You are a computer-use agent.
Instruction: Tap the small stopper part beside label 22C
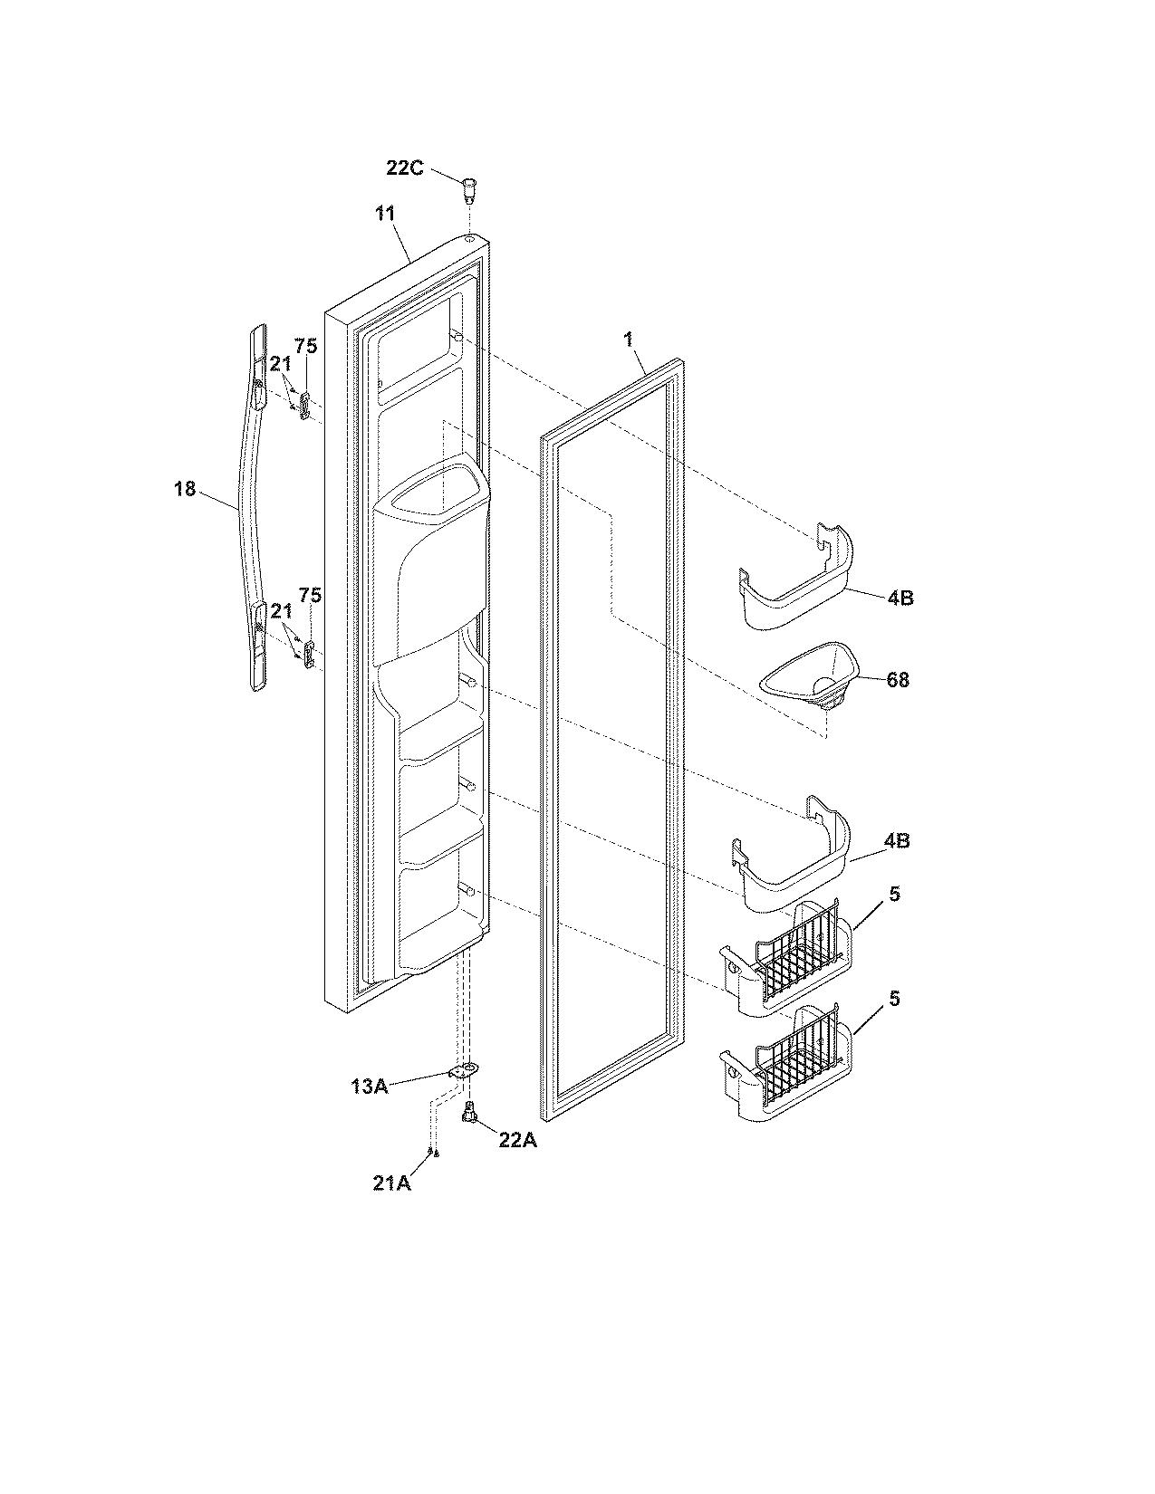tap(468, 190)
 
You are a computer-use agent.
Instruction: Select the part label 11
tap(385, 215)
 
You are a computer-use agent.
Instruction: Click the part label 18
tap(184, 488)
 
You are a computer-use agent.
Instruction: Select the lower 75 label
tap(310, 595)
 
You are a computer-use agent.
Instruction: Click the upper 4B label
tap(900, 598)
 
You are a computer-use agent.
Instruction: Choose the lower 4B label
tap(897, 840)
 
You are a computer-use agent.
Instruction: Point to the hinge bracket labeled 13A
tap(463, 1071)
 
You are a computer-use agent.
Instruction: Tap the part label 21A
tap(392, 1182)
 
